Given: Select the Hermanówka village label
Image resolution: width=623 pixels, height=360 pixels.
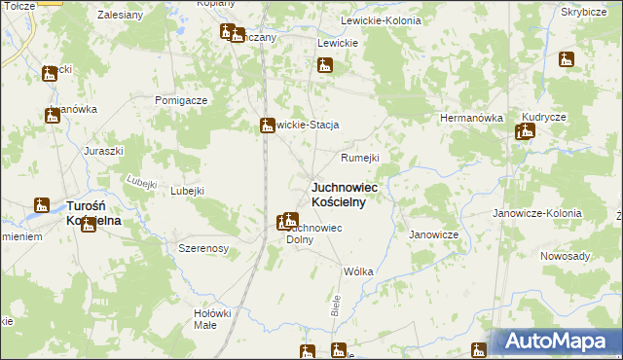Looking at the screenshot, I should pos(471,118).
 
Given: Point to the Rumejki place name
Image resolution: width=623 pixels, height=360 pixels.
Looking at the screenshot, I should pos(358,158).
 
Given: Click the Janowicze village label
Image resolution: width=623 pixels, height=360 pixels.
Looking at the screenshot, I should pos(433,234).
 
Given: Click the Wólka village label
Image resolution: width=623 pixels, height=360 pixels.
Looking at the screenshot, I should pos(358,271).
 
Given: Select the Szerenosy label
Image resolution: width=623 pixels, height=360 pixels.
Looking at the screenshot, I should pos(203,249).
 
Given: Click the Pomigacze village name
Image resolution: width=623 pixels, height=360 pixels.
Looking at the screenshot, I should pos(181,100).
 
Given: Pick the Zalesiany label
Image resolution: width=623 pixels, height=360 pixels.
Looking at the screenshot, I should pos(122,16).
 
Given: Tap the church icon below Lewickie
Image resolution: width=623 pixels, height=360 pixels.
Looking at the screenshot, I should pos(325,66).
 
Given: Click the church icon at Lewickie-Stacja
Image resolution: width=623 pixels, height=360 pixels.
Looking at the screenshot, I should pos(267,125).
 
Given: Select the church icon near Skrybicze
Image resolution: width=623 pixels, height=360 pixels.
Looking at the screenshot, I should pos(567,60).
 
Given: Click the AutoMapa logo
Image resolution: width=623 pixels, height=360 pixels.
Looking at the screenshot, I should pos(560,342).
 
